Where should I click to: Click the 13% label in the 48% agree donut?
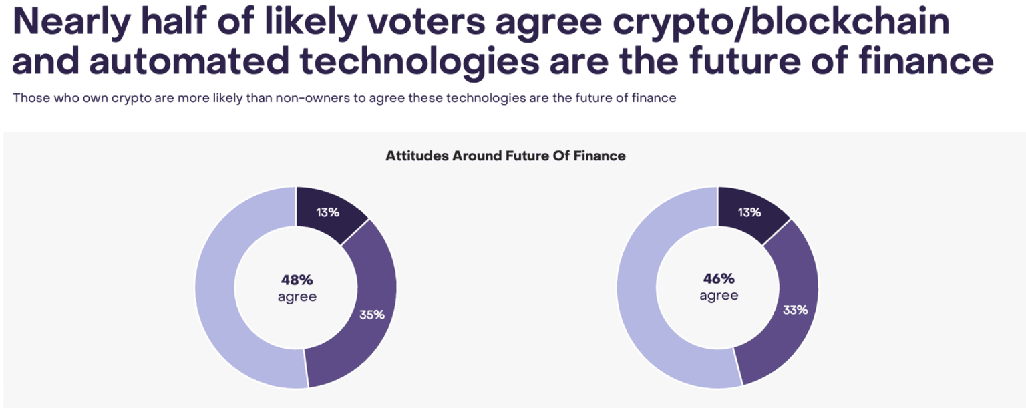point(329,213)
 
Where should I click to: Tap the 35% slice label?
point(371,314)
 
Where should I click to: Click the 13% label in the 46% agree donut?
point(750,213)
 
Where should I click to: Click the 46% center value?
point(719,279)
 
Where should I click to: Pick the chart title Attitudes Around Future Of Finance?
point(506,156)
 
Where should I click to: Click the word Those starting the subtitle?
point(29,98)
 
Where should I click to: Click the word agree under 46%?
point(719,296)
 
